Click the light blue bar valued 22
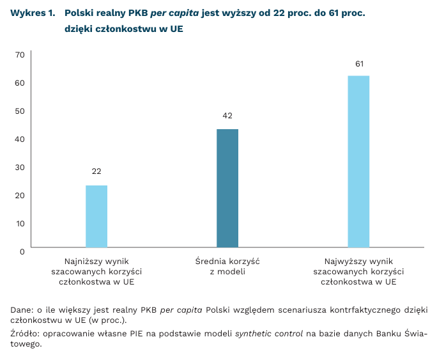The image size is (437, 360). [x=96, y=216]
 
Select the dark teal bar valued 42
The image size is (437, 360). [x=227, y=188]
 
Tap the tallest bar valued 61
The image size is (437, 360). [x=358, y=161]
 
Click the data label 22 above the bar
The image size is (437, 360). [x=96, y=171]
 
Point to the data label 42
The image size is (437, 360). [x=227, y=116]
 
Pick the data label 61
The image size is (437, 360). [x=359, y=64]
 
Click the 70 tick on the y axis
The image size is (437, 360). [x=19, y=55]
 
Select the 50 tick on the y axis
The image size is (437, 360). [x=19, y=111]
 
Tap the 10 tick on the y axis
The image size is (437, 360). [x=19, y=223]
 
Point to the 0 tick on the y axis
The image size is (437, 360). [x=22, y=251]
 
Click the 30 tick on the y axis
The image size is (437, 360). [x=19, y=168]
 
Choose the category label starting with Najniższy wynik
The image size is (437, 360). [x=96, y=271]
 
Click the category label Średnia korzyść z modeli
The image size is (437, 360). [x=227, y=267]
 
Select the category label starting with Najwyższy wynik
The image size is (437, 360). [x=358, y=271]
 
